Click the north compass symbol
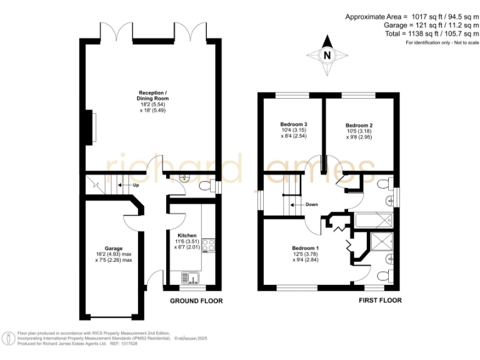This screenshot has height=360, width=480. click(326, 55)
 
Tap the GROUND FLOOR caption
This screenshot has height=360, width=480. click(196, 301)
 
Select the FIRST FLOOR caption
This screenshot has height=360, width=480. click(380, 301)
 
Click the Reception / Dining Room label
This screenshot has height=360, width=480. click(153, 96)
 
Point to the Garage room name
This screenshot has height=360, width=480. click(114, 248)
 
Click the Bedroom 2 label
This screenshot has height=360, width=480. click(359, 126)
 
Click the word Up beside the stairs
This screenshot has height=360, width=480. click(134, 185)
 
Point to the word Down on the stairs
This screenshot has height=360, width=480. click(312, 204)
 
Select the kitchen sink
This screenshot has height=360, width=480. click(192, 277)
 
